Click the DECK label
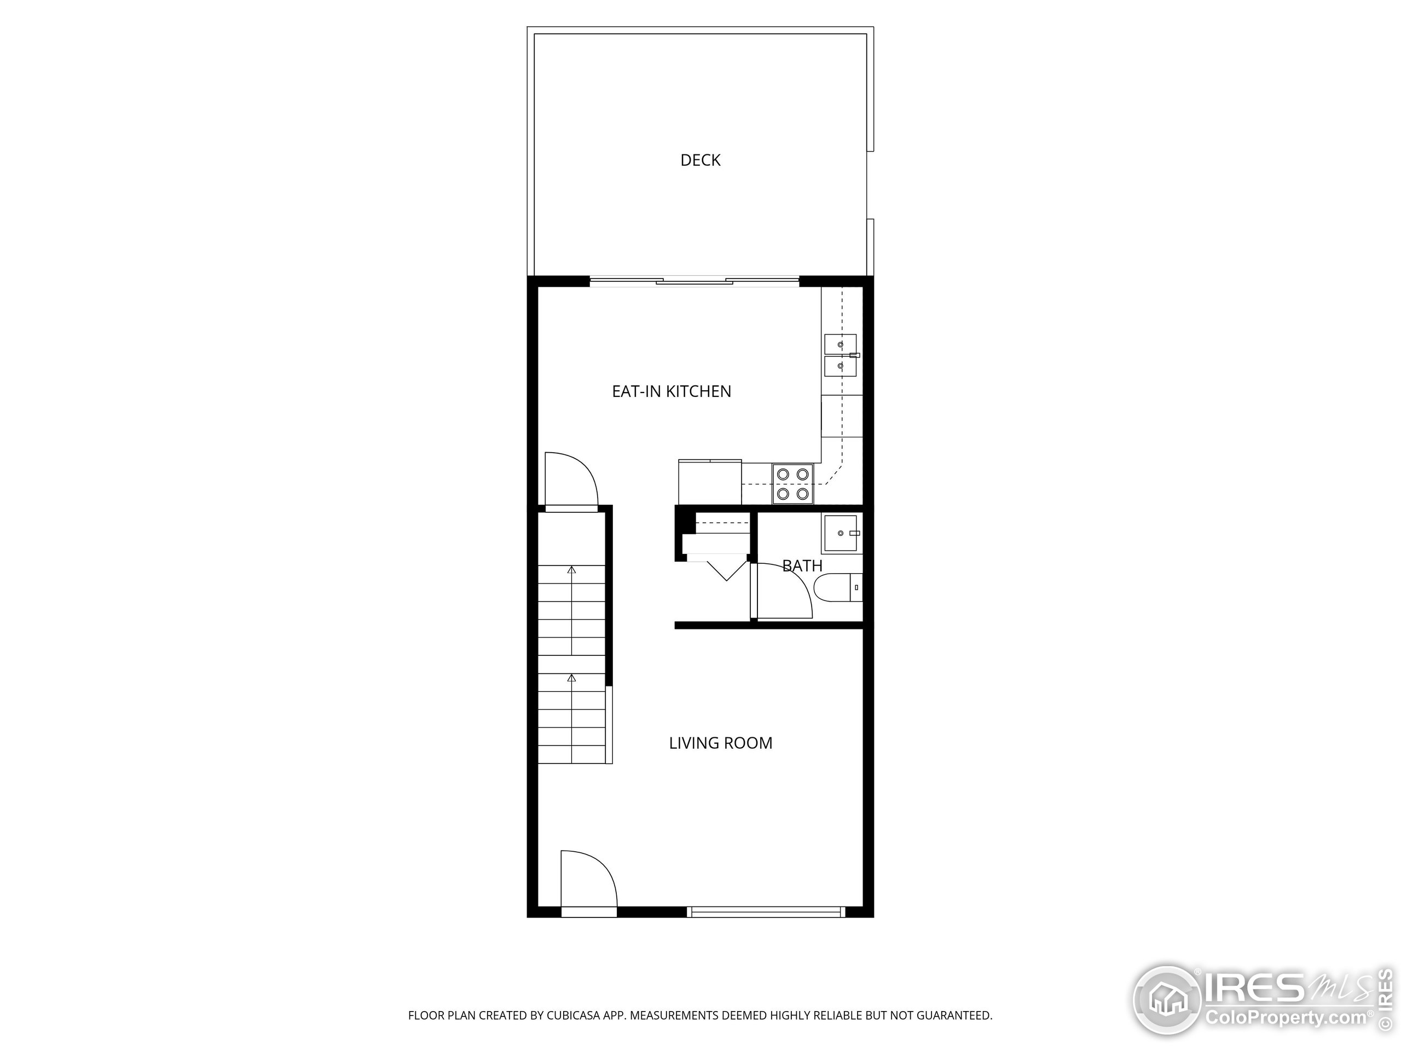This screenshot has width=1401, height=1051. click(x=700, y=160)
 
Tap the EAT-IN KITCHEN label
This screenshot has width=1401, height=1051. click(x=671, y=391)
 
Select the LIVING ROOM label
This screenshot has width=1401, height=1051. click(x=720, y=743)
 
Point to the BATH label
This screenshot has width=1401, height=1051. click(x=802, y=565)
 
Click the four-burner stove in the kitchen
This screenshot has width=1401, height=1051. click(x=792, y=483)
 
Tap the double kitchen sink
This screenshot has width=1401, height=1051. click(x=841, y=355)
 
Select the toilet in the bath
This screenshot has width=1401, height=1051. click(x=837, y=588)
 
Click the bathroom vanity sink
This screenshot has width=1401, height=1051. click(x=841, y=533)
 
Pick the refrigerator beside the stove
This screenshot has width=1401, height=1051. click(x=709, y=482)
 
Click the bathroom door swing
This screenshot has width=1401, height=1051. click(x=782, y=591)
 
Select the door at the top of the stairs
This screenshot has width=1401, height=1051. click(x=571, y=480)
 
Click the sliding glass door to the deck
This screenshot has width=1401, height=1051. click(x=694, y=281)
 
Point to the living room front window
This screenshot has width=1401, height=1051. click(x=766, y=913)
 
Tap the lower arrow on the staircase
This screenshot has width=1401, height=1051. click(x=572, y=678)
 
